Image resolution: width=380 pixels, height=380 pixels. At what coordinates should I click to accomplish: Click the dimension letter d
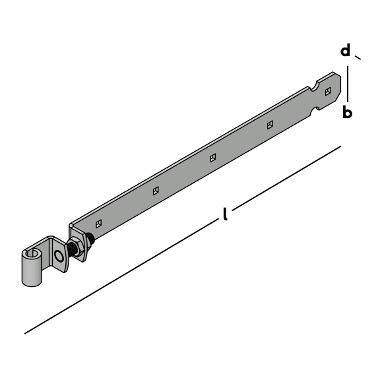[345, 50]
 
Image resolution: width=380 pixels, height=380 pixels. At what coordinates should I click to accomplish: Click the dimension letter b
[347, 112]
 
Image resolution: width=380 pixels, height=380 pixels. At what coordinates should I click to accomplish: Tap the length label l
[226, 214]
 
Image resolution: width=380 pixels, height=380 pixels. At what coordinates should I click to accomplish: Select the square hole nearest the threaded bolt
[99, 224]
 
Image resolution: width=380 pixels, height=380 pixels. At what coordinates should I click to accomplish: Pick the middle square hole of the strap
[213, 158]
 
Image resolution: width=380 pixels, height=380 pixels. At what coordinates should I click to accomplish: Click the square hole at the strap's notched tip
[328, 91]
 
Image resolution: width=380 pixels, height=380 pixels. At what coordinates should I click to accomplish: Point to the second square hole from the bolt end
[156, 191]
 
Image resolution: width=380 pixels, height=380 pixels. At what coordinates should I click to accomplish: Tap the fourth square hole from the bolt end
[270, 125]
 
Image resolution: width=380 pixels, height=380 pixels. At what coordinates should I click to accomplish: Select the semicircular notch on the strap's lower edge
[315, 111]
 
